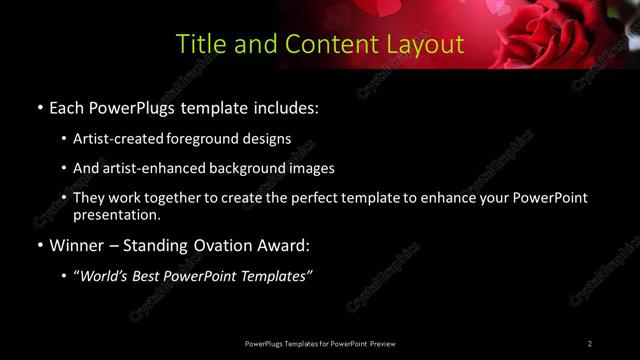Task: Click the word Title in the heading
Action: pyautogui.click(x=200, y=45)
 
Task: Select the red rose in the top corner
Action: pyautogui.click(x=560, y=30)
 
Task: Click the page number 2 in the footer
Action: pyautogui.click(x=590, y=344)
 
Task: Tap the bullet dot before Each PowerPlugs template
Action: pyautogui.click(x=39, y=108)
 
